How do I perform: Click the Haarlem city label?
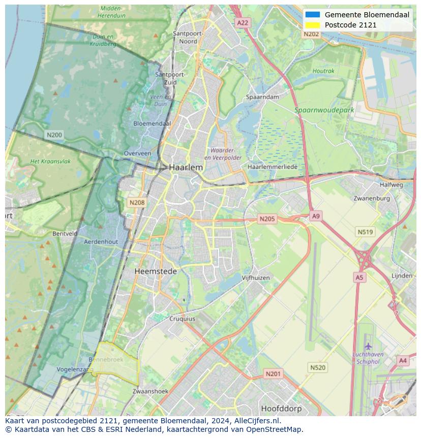pos(186,167)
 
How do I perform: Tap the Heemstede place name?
pos(156,272)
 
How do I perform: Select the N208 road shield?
pos(137,202)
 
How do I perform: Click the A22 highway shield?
pos(243,23)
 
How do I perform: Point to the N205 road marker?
pos(266,219)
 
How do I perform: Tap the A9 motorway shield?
pos(316,216)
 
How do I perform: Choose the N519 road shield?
pos(365,232)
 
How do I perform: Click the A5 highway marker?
pos(359,277)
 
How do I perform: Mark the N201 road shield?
pos(273,374)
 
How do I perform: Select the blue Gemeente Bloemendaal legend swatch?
pos(313,15)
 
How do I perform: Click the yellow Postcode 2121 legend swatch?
pos(313,25)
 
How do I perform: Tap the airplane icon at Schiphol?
pos(368,347)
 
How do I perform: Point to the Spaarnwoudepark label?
pos(324,110)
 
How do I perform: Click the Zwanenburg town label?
pos(372,198)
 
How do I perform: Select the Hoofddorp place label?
pos(281,408)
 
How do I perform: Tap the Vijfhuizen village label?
pos(256,278)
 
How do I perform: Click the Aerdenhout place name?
pos(101,242)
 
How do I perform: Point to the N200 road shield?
pos(54,135)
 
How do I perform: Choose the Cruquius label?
pos(182,319)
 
